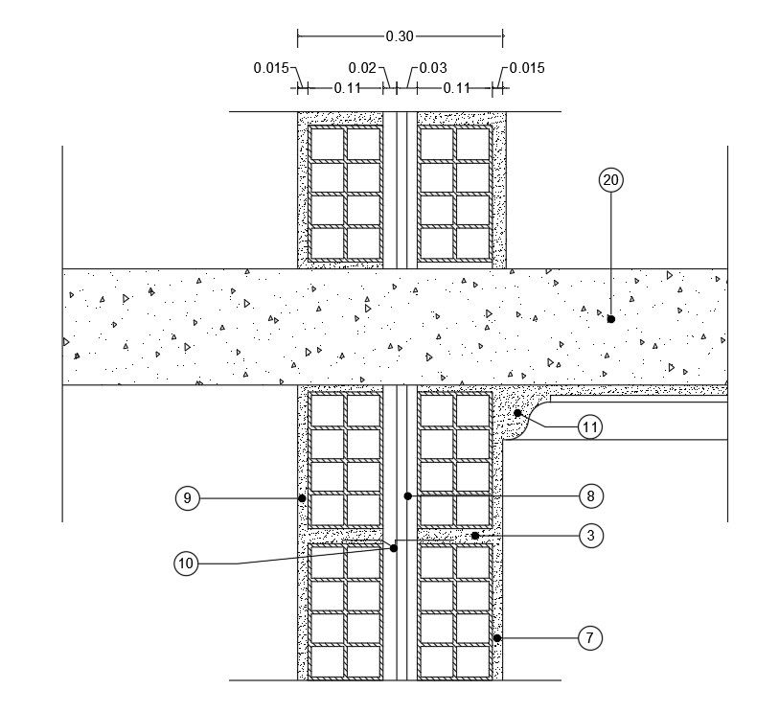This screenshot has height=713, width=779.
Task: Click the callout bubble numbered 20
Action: pos(610,179)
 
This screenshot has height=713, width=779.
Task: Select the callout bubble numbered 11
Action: pos(590,427)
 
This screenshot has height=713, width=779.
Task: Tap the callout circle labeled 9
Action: pos(188,498)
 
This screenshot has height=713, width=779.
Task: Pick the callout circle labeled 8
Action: pos(590,496)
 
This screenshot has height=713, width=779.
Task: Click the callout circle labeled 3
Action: pos(590,536)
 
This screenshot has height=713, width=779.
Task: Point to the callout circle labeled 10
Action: pos(186,563)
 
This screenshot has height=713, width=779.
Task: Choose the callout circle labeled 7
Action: pos(590,637)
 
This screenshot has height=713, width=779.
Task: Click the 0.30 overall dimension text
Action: pos(400,36)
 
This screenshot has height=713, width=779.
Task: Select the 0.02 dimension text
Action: pos(362,68)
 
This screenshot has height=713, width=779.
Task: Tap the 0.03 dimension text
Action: pos(433,68)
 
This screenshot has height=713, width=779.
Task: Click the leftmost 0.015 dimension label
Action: pos(271,68)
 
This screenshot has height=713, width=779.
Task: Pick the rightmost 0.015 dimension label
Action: pos(527,68)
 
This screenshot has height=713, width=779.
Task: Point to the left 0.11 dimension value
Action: pos(347,88)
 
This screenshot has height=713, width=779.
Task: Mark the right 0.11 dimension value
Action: pos(456,88)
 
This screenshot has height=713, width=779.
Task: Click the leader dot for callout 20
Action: pos(610,319)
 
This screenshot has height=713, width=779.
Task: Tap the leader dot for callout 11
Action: pos(517,413)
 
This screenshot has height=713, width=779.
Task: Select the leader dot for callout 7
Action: pos(496,637)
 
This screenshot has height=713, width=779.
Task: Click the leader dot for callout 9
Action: pos(302,498)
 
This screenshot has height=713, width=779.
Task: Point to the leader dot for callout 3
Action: pos(475,536)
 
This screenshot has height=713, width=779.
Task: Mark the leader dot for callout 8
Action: pos(407,496)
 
